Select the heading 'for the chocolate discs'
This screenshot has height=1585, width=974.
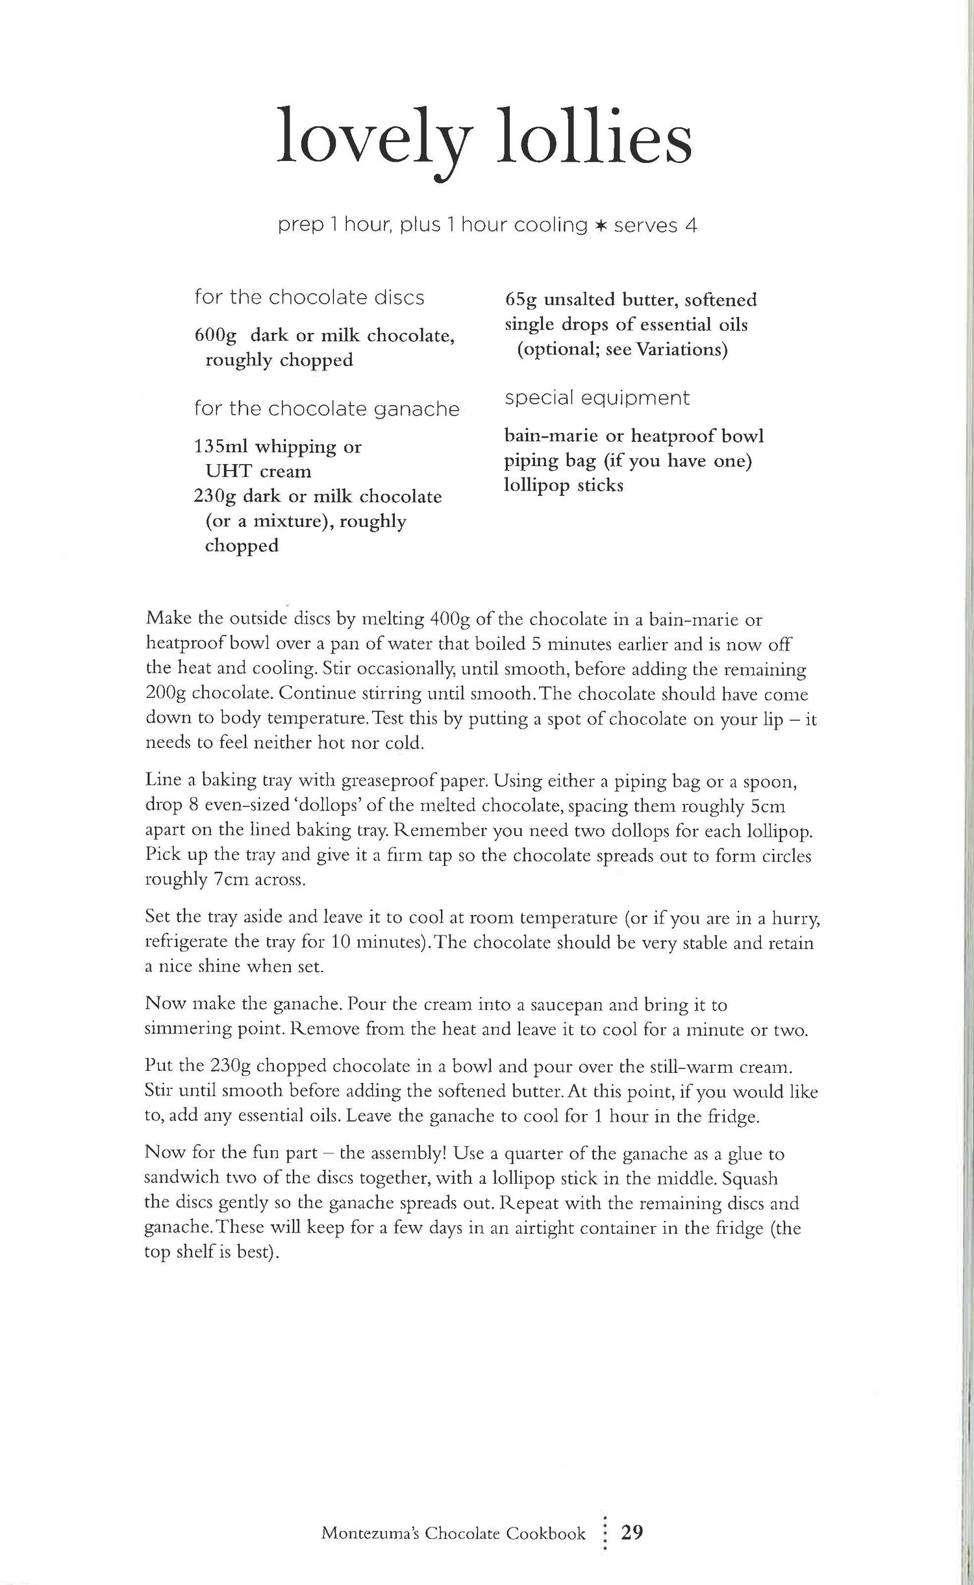click(x=309, y=298)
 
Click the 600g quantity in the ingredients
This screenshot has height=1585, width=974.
click(x=216, y=336)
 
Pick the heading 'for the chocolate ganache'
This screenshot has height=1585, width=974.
click(x=326, y=409)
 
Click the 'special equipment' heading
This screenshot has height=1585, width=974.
click(x=597, y=398)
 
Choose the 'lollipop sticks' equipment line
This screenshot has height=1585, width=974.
click(x=564, y=485)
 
